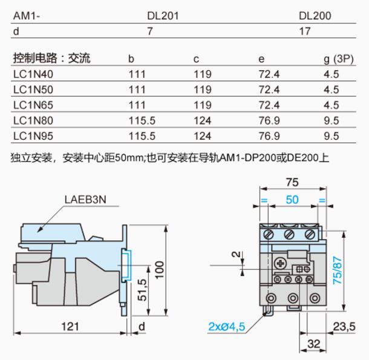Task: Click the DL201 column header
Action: [163, 16]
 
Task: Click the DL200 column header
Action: [315, 16]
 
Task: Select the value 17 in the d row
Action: [305, 31]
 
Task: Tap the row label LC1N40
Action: [33, 74]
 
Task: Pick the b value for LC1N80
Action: [142, 120]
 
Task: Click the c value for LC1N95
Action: [203, 136]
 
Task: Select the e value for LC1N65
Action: [269, 105]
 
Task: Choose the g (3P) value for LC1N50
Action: [331, 90]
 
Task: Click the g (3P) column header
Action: [339, 59]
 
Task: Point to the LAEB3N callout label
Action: [85, 200]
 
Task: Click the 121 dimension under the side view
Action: [70, 327]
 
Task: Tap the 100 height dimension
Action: [159, 270]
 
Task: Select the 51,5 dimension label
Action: [142, 290]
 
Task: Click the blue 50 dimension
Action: [292, 200]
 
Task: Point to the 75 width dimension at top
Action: [292, 182]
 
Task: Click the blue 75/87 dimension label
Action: [337, 270]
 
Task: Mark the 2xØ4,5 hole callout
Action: [227, 327]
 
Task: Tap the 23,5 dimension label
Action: [344, 327]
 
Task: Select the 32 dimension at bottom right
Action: [314, 344]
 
